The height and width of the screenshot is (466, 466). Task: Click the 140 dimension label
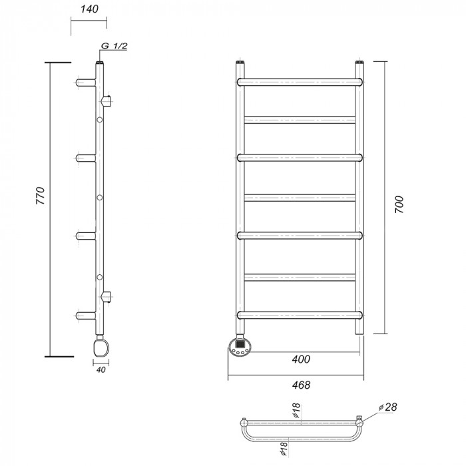pos(89,9)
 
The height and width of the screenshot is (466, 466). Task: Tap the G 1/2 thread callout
pos(115,46)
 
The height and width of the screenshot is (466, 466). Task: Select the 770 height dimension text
pos(41,196)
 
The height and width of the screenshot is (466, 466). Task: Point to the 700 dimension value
pos(399,204)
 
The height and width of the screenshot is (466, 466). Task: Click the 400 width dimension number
pos(301,359)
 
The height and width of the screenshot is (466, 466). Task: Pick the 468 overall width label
pos(301,385)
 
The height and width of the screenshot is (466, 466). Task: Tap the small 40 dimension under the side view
pos(101,370)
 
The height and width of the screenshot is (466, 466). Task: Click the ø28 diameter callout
pos(388,407)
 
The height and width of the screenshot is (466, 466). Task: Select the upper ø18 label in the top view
pos(297,411)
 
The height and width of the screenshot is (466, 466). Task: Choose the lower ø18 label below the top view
pos(283,449)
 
